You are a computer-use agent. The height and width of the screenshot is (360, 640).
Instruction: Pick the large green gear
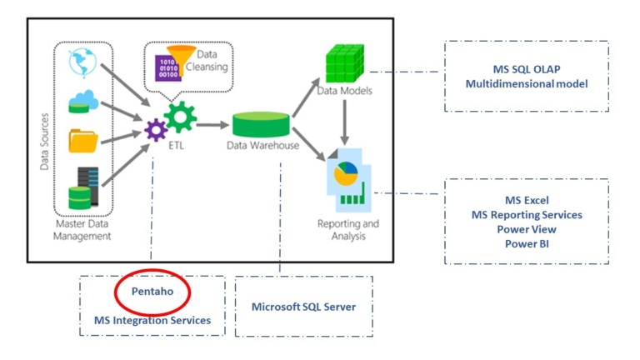click(181, 117)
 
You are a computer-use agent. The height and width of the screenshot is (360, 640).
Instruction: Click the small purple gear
click(156, 130)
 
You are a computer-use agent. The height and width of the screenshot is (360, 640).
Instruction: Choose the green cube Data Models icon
click(344, 63)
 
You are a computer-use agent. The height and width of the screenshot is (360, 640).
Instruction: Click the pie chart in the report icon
click(345, 174)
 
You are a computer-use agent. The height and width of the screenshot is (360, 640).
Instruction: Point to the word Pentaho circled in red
click(152, 292)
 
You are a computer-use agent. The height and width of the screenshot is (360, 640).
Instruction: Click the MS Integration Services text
click(152, 320)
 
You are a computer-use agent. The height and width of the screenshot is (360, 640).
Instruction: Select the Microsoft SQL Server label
click(303, 307)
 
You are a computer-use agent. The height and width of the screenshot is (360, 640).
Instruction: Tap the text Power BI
click(526, 243)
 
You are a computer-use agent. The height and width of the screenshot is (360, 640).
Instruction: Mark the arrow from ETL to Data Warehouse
click(213, 125)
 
